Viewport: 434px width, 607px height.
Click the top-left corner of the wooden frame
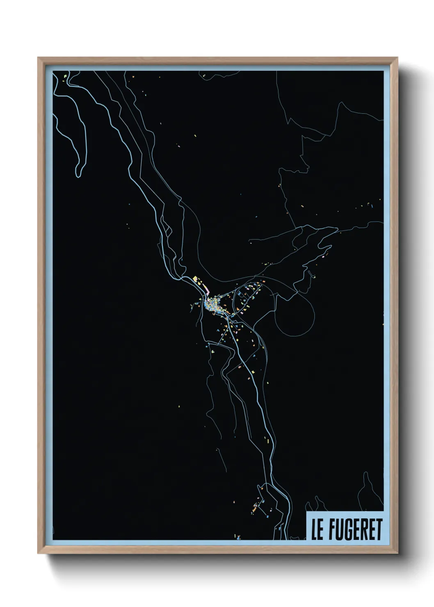(x=39, y=58)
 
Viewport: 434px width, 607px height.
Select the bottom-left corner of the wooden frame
(x=39, y=554)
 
